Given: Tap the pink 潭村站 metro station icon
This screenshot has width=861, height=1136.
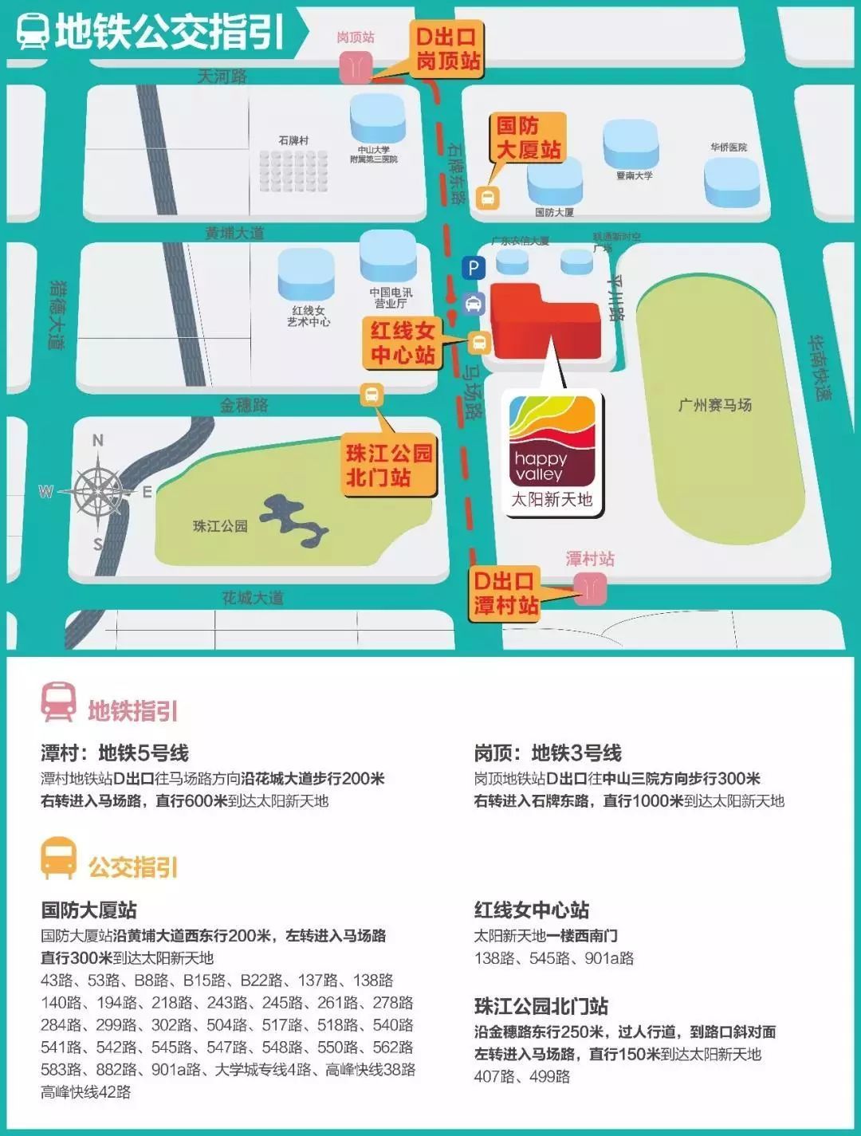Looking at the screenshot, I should coord(591,589).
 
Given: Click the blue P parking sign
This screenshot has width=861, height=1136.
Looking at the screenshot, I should coord(474,268).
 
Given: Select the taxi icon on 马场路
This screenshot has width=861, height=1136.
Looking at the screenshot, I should coord(474,304).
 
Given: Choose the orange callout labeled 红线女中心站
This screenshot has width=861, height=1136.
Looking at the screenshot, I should coord(403,343).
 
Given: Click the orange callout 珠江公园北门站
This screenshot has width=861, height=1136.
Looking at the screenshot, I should coord(389,465).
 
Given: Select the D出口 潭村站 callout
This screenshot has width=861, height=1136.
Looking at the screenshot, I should coord(505,593).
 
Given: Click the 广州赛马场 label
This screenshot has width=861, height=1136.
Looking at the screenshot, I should coord(714,405).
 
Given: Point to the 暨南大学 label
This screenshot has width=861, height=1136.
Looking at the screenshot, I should coord(634,175).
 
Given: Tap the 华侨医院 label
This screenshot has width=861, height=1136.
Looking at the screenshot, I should coord(729,147).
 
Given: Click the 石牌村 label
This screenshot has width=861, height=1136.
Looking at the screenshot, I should coord(293,140).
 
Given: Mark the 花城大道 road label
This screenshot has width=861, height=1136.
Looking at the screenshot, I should coord(253,597).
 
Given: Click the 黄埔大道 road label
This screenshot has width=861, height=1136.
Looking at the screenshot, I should coord(234,233).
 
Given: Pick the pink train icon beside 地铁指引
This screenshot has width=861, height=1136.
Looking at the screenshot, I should coord(59,702).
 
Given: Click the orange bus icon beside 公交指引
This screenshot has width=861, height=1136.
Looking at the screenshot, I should coord(59,859).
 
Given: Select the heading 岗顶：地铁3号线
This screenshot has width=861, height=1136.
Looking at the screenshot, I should coord(548,753).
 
